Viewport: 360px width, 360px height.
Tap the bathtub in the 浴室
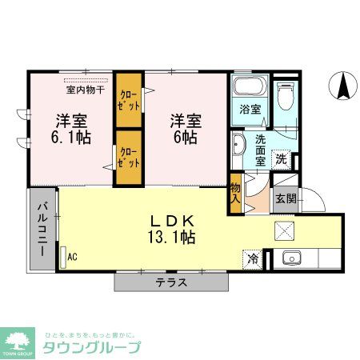click(250, 87)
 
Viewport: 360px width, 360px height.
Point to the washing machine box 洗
click(282, 158)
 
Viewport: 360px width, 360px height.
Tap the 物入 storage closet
click(235, 194)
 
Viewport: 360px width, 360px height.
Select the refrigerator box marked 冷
click(253, 258)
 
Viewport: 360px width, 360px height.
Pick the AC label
click(72, 257)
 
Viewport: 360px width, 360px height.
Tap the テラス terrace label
click(171, 282)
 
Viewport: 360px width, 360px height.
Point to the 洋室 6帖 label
click(185, 129)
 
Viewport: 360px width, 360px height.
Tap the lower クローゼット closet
click(128, 156)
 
